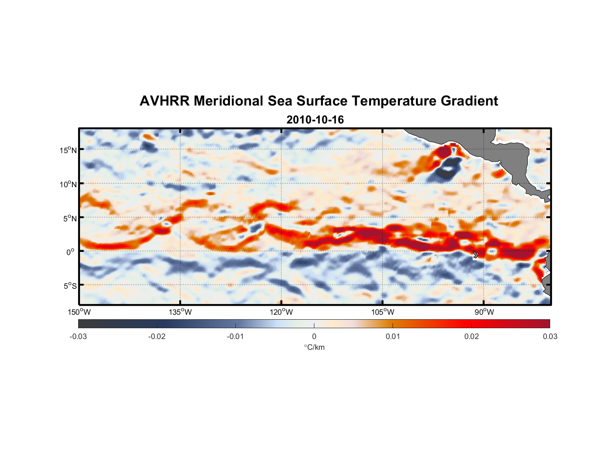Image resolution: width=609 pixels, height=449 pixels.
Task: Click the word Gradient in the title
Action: coord(469,101)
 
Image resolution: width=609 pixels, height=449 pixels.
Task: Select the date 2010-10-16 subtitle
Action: coord(315,120)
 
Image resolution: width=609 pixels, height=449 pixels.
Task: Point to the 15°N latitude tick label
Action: coord(68,150)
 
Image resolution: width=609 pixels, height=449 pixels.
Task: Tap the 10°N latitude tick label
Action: coord(68,184)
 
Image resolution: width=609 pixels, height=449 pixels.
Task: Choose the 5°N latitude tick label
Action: coord(70,218)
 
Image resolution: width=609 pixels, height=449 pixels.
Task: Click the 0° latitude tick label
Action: coord(71,252)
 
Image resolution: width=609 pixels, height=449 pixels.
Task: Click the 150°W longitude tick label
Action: coord(79,312)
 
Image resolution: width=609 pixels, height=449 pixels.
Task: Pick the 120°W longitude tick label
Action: coord(281,312)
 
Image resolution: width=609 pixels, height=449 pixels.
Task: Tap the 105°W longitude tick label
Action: coord(383,312)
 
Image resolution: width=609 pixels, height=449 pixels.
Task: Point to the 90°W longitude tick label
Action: coord(484,312)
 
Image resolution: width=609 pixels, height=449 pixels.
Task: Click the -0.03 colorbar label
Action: coord(78,336)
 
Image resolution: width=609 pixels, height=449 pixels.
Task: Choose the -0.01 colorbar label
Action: coord(235,336)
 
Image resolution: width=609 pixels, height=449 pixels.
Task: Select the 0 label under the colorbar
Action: coord(314,336)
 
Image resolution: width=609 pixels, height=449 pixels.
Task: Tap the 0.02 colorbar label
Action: coord(472,336)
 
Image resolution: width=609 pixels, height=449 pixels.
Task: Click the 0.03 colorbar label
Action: coord(550,336)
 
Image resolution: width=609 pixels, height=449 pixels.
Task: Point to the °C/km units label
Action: coord(314,347)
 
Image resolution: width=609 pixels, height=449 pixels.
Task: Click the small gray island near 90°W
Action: coord(476,254)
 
